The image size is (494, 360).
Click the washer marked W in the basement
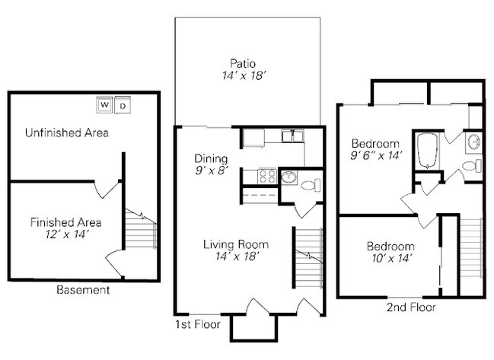click(x=104, y=104)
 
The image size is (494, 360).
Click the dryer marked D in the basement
click(x=123, y=105)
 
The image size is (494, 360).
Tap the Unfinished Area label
click(x=67, y=132)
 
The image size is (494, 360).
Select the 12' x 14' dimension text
click(x=66, y=234)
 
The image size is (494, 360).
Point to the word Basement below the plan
click(x=83, y=290)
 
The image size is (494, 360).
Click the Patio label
click(x=243, y=63)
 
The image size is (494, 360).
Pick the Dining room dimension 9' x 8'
click(x=212, y=170)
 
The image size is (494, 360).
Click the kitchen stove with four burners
click(x=267, y=176)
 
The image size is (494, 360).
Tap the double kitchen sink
click(x=293, y=136)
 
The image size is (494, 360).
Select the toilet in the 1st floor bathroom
click(x=311, y=185)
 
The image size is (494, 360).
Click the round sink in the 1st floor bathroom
click(x=288, y=177)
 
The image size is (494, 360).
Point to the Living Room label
click(x=236, y=244)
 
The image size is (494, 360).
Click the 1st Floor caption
click(x=198, y=324)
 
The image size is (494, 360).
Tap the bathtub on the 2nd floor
click(x=427, y=151)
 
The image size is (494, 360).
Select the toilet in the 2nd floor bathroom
click(x=472, y=166)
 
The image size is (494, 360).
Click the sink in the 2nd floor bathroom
click(x=474, y=142)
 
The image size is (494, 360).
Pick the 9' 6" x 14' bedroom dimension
click(x=377, y=155)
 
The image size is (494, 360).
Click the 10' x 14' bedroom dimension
click(x=391, y=258)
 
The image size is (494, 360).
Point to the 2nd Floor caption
click(x=411, y=307)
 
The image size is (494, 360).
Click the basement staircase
click(x=141, y=228)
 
